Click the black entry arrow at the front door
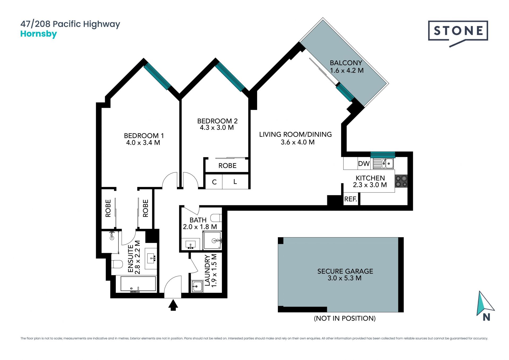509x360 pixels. coord(173,305)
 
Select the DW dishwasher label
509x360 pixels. coord(364,164)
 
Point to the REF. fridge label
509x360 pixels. coord(350,199)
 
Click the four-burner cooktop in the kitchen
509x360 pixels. coord(401,181)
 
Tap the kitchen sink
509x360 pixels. coord(383,163)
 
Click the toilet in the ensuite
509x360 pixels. coord(117,264)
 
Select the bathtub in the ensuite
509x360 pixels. coord(138,284)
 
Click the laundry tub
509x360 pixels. coord(197,286)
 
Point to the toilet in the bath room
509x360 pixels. coord(216,218)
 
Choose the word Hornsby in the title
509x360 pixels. coord(39,34)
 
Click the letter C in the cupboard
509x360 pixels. coord(214,182)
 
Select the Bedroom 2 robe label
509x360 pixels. coord(227,166)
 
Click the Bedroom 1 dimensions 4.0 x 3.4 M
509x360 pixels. coord(143,143)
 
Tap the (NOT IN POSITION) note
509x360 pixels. coord(345,318)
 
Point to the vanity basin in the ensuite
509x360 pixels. coord(151,258)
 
